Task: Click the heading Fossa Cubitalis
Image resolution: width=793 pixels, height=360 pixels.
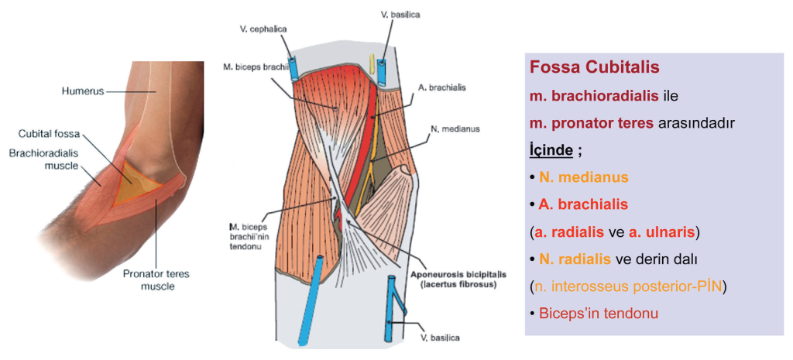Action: click(x=594, y=67)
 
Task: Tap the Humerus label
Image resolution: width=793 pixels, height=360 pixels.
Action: click(x=82, y=91)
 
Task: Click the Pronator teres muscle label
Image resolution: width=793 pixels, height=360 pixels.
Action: click(x=157, y=279)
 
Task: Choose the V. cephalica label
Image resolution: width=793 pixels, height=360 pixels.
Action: click(x=263, y=29)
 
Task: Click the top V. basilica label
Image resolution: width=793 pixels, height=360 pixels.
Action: click(x=400, y=14)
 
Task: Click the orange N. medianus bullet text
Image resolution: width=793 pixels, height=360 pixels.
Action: click(x=583, y=177)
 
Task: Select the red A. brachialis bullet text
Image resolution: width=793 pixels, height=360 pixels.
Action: click(x=583, y=204)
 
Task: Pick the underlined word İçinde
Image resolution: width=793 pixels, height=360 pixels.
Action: click(x=551, y=149)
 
